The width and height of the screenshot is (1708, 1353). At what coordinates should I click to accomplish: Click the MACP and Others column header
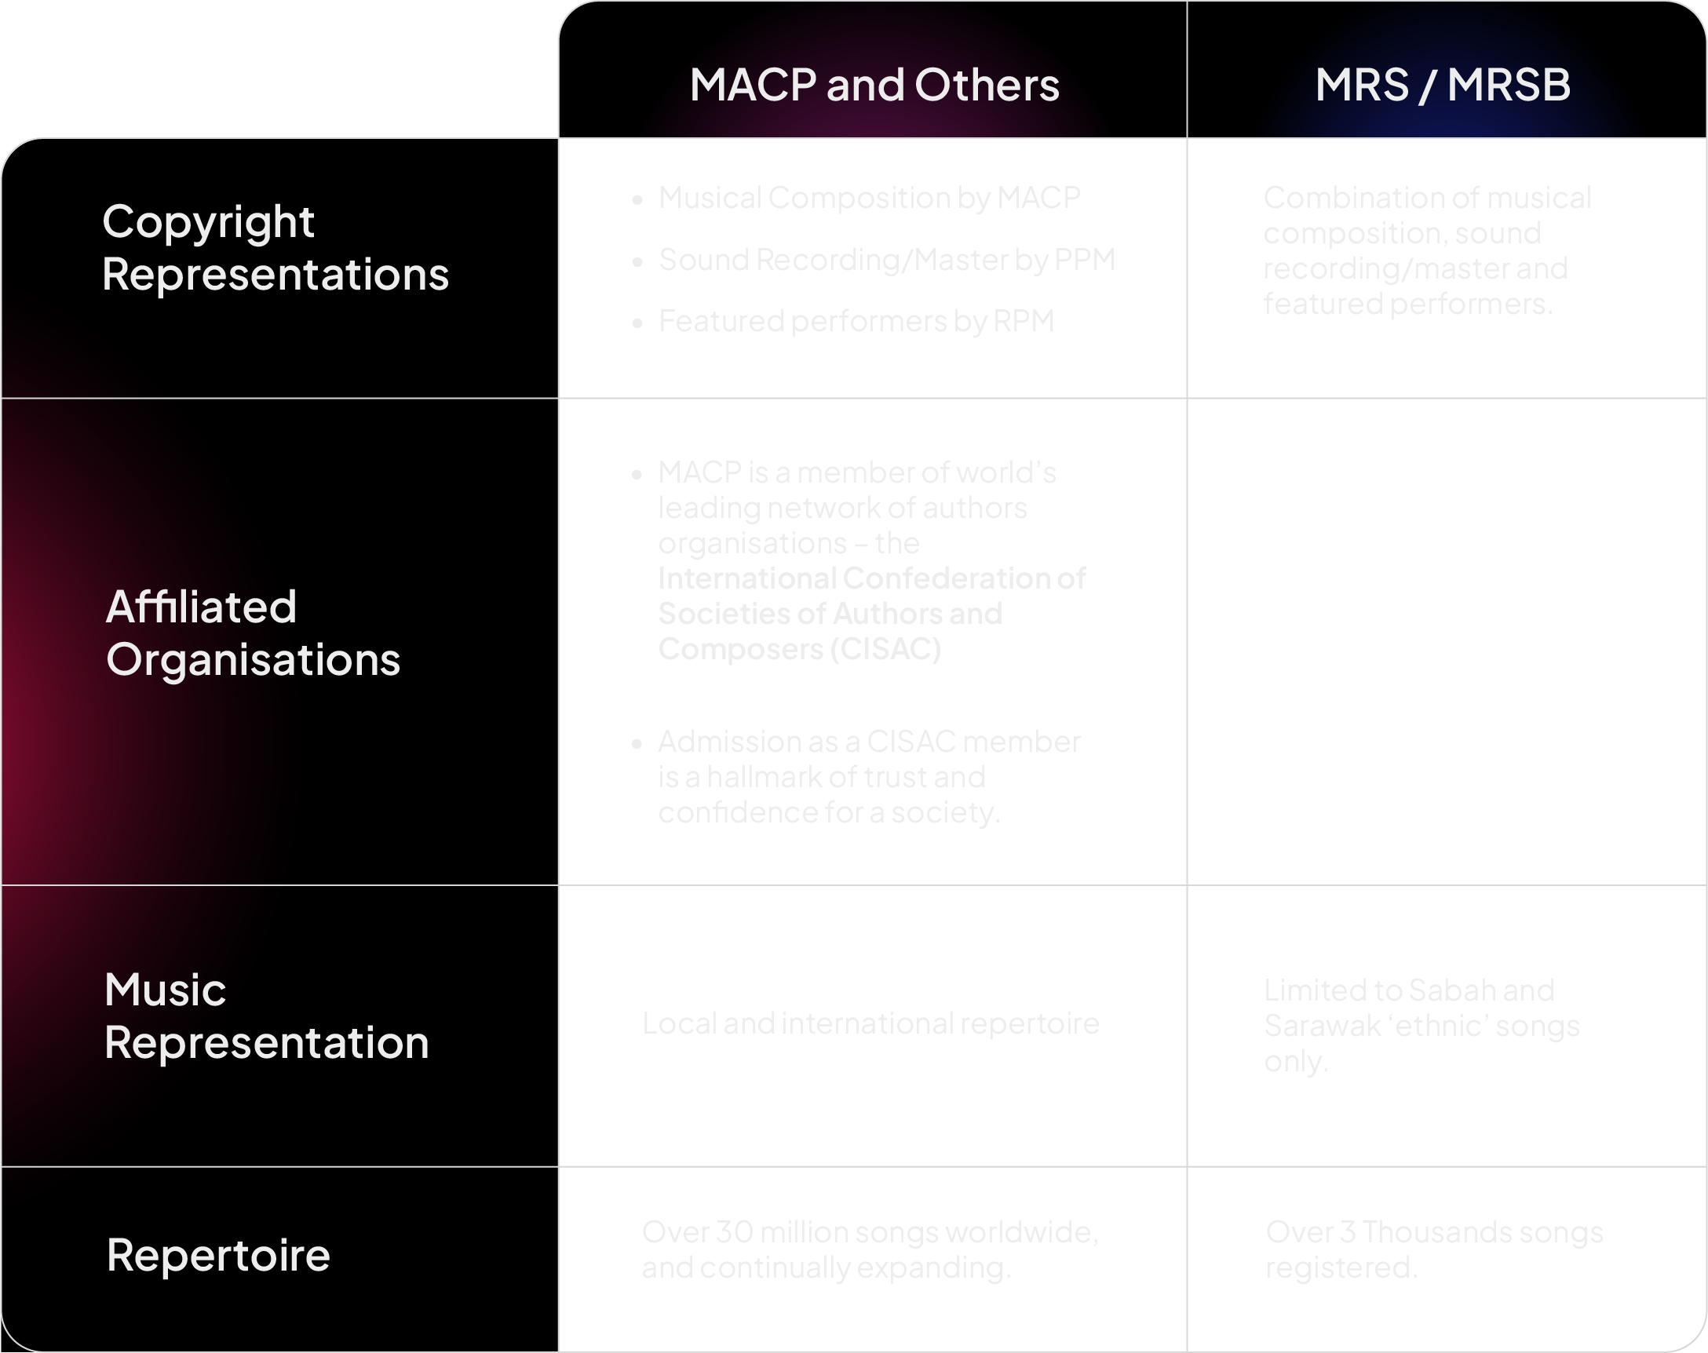click(x=874, y=85)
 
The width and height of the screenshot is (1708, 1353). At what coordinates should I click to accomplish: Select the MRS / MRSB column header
click(x=1443, y=85)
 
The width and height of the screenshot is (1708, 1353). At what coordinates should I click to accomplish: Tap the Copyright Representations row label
click(x=275, y=248)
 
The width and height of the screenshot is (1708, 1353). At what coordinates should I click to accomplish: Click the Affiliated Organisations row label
click(x=253, y=633)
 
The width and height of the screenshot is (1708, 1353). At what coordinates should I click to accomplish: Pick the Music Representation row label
click(x=266, y=1016)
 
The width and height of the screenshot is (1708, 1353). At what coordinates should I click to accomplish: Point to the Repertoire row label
click(x=218, y=1255)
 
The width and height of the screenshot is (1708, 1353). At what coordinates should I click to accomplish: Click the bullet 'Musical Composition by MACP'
click(x=869, y=198)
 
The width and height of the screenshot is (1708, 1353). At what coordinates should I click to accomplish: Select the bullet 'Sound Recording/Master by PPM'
click(x=886, y=260)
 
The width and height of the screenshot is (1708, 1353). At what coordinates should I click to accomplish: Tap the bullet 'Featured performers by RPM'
click(x=856, y=322)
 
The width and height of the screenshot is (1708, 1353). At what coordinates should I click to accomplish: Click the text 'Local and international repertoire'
click(x=870, y=1023)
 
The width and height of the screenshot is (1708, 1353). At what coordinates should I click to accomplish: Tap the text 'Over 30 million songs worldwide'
click(x=869, y=1232)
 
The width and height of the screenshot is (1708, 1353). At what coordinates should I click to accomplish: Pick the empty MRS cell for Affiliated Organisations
click(x=1446, y=642)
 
